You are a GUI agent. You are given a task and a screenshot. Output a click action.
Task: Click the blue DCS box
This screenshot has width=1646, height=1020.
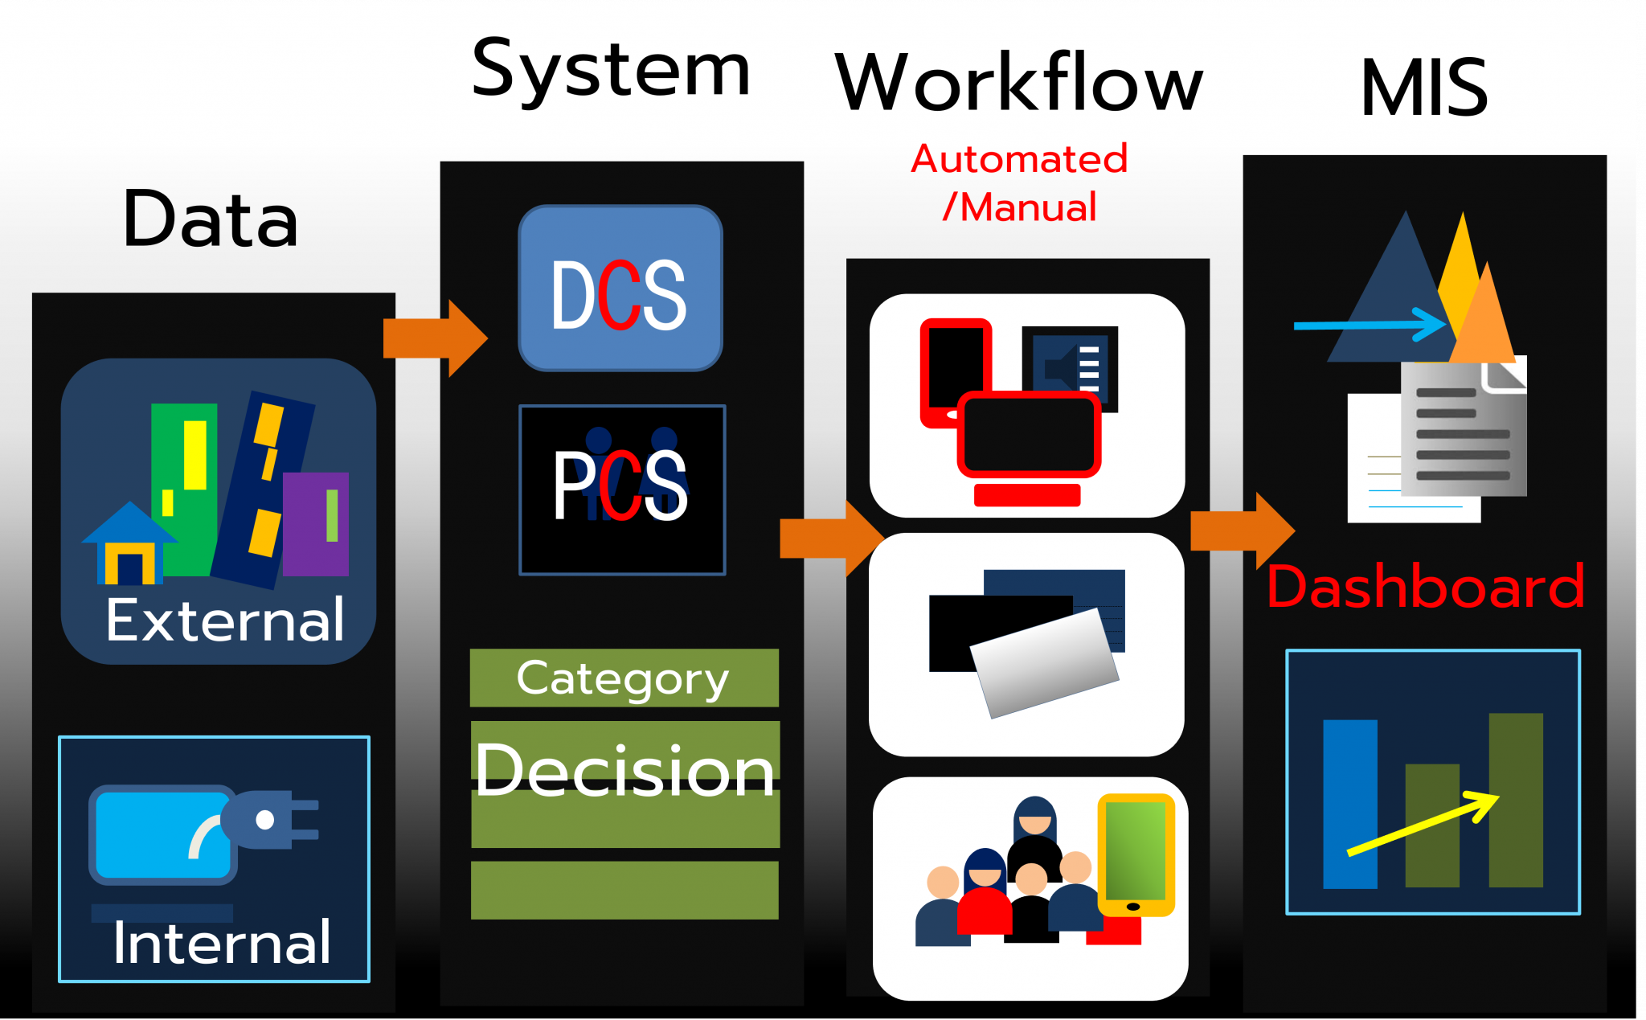point(620,288)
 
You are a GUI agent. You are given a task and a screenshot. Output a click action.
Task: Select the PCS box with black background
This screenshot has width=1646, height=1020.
point(622,490)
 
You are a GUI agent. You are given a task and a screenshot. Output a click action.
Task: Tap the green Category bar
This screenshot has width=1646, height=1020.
point(624,678)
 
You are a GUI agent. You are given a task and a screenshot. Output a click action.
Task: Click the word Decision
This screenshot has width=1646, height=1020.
point(624,770)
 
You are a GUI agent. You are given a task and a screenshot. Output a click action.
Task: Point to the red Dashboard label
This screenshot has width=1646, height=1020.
point(1425,587)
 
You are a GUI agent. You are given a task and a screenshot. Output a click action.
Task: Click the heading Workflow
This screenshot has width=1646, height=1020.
point(1018,83)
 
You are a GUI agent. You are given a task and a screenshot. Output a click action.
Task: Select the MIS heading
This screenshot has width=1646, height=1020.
point(1423,88)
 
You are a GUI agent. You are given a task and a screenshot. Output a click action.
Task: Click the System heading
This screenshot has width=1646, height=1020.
point(611,71)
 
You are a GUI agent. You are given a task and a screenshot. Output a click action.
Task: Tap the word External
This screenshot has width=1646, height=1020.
point(225,621)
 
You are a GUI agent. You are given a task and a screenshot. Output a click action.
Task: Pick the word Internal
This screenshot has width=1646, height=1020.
point(222,943)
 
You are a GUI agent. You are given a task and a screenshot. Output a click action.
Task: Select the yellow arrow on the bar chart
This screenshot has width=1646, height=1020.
point(1423,824)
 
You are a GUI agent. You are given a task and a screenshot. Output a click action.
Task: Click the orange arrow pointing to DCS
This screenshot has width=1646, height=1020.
point(434,338)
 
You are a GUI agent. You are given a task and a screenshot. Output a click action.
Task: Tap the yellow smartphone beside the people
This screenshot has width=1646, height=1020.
point(1136,854)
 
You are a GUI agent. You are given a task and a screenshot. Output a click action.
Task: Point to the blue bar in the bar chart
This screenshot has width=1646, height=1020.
point(1349,804)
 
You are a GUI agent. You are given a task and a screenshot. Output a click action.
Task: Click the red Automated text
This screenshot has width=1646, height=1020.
point(1019,159)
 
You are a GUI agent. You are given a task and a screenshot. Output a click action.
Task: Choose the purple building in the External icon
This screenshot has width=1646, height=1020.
point(315,523)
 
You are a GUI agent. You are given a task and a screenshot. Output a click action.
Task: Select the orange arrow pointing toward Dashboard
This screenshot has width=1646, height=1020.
point(1242,530)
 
